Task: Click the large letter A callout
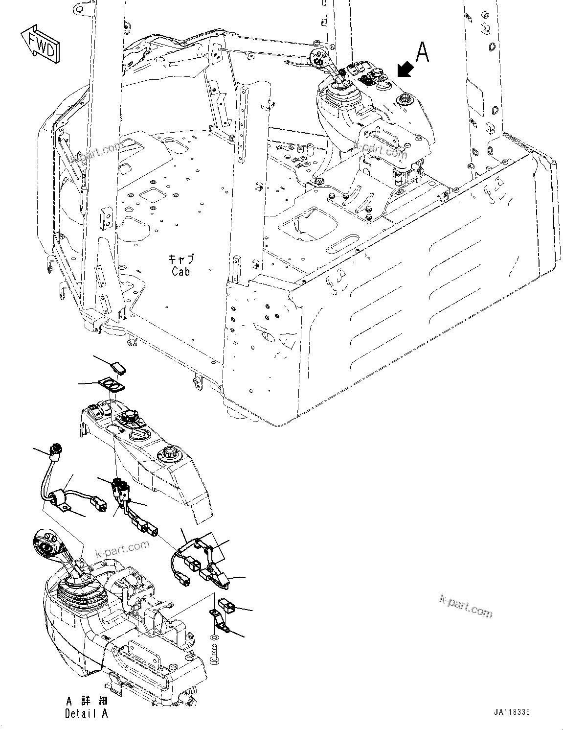(422, 53)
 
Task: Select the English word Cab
(180, 271)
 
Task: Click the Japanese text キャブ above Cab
(180, 259)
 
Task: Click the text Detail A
(86, 714)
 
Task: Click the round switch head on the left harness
(55, 447)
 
